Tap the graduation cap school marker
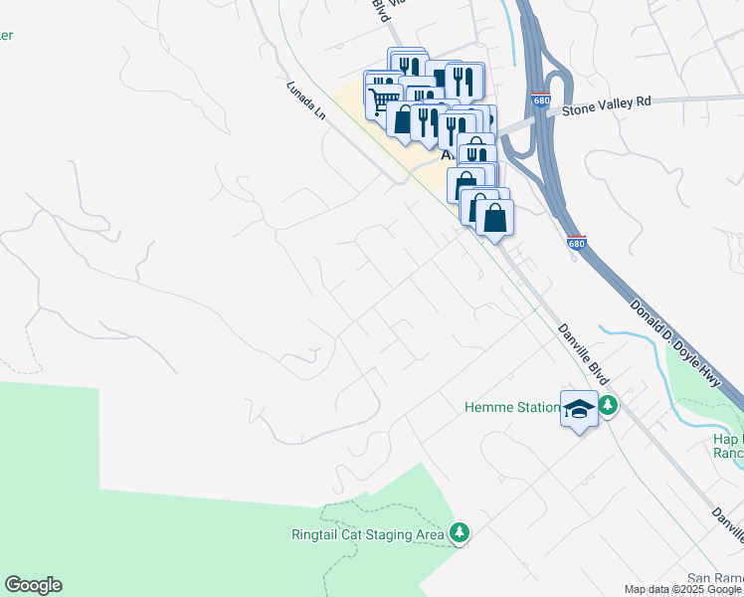pos(578,409)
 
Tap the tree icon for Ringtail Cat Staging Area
pos(459,534)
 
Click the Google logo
pos(33,585)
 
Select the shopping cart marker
pos(383,99)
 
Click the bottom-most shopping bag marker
pos(494,216)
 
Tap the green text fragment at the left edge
pos(6,36)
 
